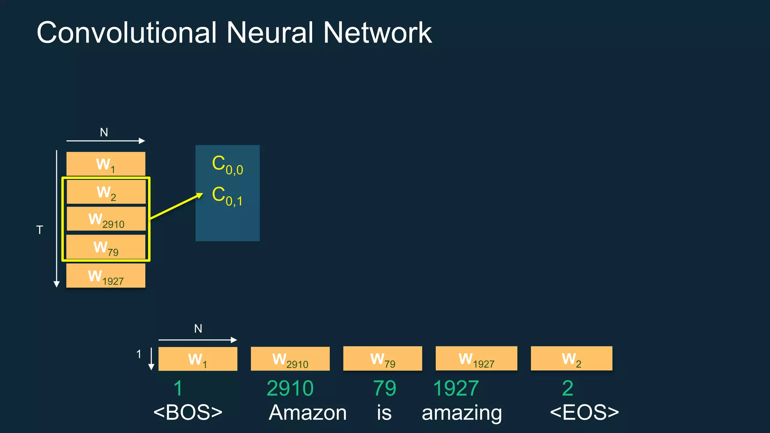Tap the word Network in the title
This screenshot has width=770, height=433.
[x=377, y=33]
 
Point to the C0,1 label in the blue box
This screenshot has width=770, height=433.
[x=227, y=196]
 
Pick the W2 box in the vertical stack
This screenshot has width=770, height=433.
[x=106, y=192]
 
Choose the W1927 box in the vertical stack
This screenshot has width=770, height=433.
[x=106, y=276]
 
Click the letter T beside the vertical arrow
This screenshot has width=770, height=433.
[x=39, y=230]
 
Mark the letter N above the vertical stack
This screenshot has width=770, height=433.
[x=104, y=132]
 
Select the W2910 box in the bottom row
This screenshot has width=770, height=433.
[x=290, y=359]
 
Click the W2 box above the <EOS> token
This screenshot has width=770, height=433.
[x=571, y=359]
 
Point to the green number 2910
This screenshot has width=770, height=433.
[x=290, y=388]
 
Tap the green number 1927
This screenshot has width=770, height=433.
[x=456, y=388]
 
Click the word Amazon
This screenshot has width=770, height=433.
[x=308, y=412]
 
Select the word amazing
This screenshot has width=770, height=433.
[x=462, y=413]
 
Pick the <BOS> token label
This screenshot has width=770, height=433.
[x=188, y=412]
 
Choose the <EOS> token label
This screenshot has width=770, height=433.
[x=584, y=412]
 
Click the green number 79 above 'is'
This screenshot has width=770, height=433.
[x=384, y=388]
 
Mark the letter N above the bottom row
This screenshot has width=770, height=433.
[x=198, y=329]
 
